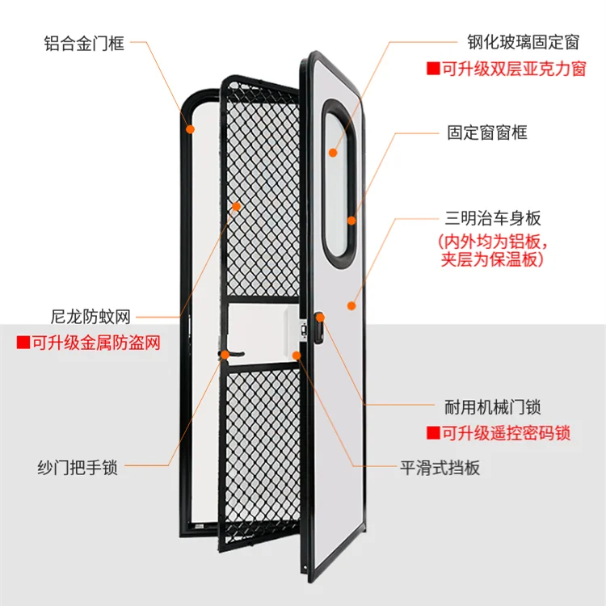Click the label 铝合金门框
click(x=84, y=43)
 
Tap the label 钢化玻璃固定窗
click(x=524, y=42)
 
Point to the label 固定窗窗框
click(x=487, y=133)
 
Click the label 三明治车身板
click(x=493, y=218)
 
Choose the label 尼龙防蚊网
click(x=90, y=317)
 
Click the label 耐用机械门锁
click(x=492, y=407)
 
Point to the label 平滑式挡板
click(x=440, y=468)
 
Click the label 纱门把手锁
click(x=78, y=467)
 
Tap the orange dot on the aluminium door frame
click(x=190, y=129)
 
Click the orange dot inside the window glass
click(x=333, y=153)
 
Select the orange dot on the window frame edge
click(x=351, y=221)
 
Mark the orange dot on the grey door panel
click(x=351, y=305)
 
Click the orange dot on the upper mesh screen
click(x=236, y=206)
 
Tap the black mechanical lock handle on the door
click(x=318, y=328)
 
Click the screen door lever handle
click(x=232, y=354)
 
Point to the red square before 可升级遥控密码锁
click(x=433, y=433)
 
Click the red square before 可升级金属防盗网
click(x=23, y=343)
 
